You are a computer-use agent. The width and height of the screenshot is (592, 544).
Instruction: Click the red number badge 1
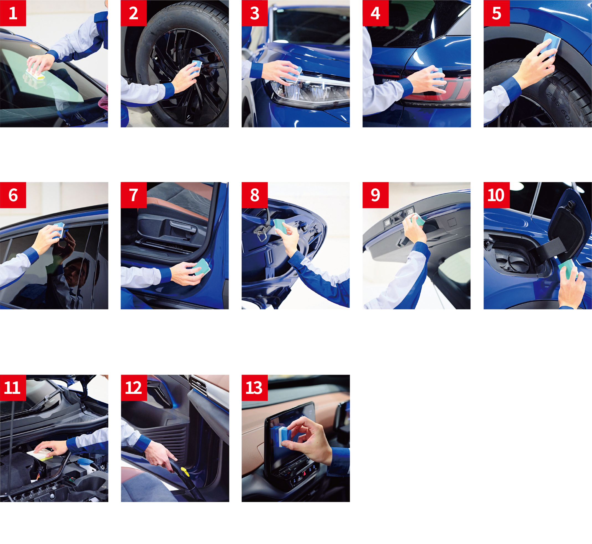[x=13, y=13]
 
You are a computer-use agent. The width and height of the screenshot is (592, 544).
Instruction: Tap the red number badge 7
[x=133, y=195]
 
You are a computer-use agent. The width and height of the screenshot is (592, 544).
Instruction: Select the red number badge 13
[x=255, y=388]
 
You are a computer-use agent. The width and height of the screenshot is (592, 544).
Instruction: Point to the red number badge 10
[x=497, y=195]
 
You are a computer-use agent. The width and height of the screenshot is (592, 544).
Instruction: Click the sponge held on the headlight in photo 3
[x=294, y=74]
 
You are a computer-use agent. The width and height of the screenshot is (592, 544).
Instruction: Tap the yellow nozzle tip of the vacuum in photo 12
[x=185, y=472]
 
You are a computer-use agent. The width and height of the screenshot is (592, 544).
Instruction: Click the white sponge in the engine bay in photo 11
[x=40, y=454]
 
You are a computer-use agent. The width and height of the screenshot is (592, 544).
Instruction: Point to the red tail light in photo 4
[x=441, y=90]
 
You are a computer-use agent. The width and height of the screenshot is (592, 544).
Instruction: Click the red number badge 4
[x=375, y=13]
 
